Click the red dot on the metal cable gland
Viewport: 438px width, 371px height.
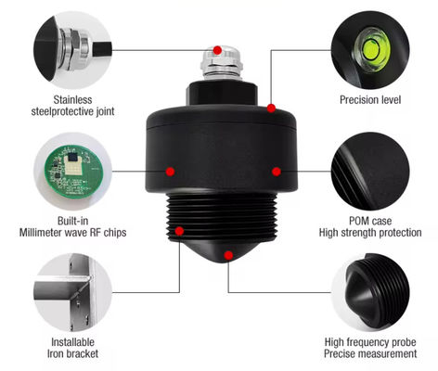pyautogui.click(x=217, y=50)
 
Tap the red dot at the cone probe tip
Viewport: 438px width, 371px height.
pyautogui.click(x=228, y=255)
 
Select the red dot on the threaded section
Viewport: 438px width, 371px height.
pyautogui.click(x=179, y=231)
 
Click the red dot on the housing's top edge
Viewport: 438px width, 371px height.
pyautogui.click(x=271, y=109)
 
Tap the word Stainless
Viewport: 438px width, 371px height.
pyautogui.click(x=72, y=100)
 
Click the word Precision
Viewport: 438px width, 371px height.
pyautogui.click(x=359, y=100)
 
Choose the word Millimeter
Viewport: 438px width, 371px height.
pyautogui.click(x=40, y=233)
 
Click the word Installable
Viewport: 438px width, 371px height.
pyautogui.click(x=72, y=342)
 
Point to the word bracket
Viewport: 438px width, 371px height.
pyautogui.click(x=82, y=353)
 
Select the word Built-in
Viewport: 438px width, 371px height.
pyautogui.click(x=72, y=221)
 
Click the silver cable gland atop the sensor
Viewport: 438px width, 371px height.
pyautogui.click(x=221, y=63)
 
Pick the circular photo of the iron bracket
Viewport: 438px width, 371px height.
pyautogui.click(x=72, y=292)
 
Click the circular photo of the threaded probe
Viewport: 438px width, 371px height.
pyautogui.click(x=370, y=292)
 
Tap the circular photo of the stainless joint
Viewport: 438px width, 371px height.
pyautogui.click(x=72, y=50)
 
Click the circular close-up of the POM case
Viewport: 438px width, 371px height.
pyautogui.click(x=370, y=172)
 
